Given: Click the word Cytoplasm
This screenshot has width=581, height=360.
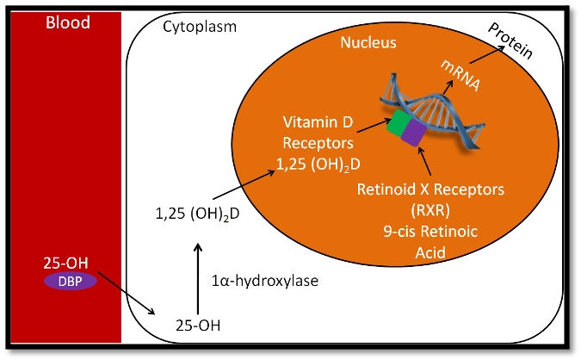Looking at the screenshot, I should click(x=200, y=27).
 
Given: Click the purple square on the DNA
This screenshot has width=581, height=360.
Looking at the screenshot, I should click(x=412, y=133).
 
